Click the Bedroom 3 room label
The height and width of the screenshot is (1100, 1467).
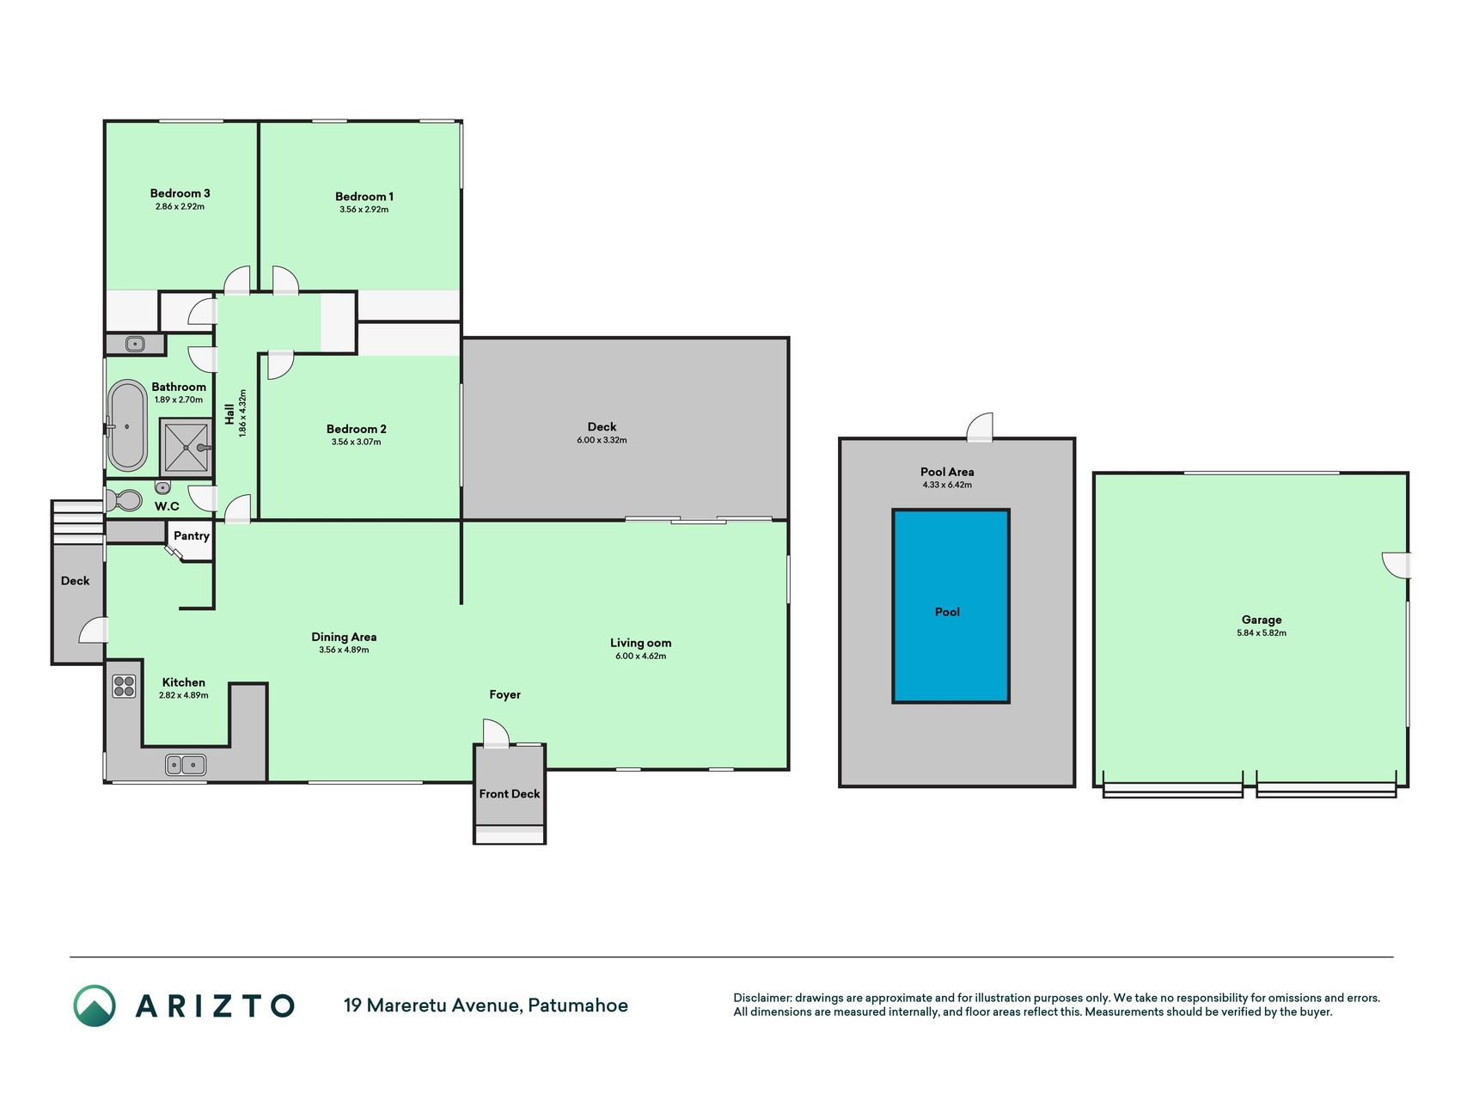point(180,193)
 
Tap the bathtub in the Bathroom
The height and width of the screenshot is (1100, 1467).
point(127,425)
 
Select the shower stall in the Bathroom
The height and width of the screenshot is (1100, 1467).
point(186,447)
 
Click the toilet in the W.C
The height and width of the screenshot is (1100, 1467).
point(125,499)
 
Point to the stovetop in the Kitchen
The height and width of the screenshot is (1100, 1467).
point(125,686)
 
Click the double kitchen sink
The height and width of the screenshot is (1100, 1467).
point(186,764)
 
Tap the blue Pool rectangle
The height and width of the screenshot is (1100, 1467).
point(950,606)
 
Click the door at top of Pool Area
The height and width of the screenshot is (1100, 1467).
point(981,428)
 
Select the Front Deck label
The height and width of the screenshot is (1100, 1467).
point(510,794)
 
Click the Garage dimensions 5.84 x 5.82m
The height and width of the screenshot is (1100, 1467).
point(1262,633)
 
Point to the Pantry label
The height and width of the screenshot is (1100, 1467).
point(192,535)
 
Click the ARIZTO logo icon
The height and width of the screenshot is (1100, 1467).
point(95,1005)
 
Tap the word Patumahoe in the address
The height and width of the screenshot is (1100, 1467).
point(578,1005)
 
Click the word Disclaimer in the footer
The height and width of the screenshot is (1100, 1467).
point(762,998)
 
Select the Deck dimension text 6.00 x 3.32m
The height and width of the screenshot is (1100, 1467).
point(602,440)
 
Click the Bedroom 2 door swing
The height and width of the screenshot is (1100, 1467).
point(281,364)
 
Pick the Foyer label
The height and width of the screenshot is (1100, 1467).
point(505,694)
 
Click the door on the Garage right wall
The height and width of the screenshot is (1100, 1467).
point(1396,565)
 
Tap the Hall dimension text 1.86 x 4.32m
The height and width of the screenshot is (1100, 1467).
point(243,413)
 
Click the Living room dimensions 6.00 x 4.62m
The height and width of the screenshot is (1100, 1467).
point(640,657)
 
